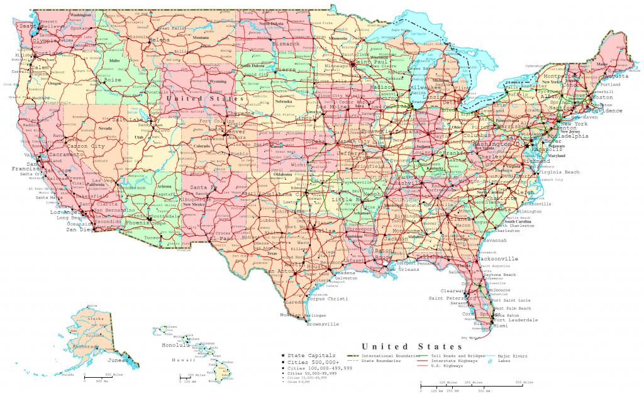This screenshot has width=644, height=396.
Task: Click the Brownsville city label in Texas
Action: click(x=323, y=324)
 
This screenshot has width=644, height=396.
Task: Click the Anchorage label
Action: click(x=85, y=346)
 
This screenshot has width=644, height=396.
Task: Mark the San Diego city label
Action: click(x=80, y=229)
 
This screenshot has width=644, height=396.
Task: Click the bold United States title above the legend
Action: click(x=411, y=346)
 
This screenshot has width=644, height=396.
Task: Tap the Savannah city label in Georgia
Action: click(x=496, y=240)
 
